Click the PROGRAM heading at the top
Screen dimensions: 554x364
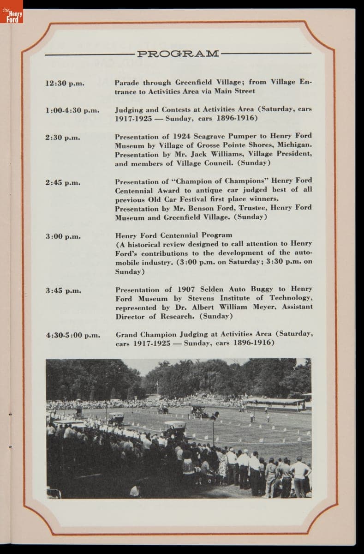pos(178,54)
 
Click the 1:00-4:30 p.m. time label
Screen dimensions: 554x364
pos(72,111)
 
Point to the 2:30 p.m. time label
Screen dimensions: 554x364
pos(63,138)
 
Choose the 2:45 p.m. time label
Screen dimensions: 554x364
pos(63,182)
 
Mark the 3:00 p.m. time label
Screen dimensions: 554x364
pos(63,236)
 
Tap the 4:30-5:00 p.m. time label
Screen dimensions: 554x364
pos(73,335)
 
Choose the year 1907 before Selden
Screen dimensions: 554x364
pos(189,289)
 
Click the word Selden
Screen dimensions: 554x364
pos(214,289)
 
